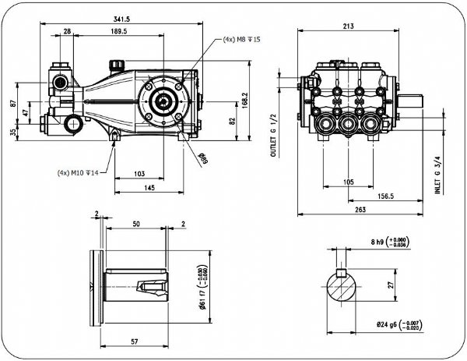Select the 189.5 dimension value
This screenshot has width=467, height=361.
click(x=119, y=32)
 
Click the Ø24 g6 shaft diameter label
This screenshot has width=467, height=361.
click(x=398, y=324)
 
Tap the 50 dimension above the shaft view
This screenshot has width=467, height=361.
click(x=136, y=224)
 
